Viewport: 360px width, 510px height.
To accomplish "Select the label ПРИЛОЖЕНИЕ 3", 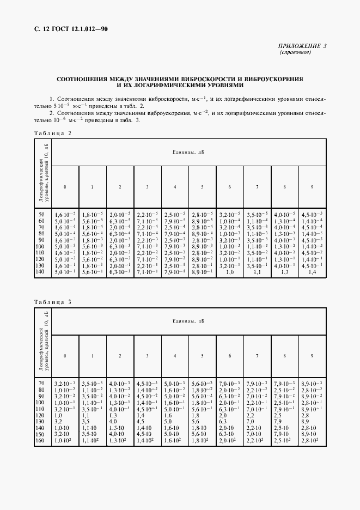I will (x=302, y=46).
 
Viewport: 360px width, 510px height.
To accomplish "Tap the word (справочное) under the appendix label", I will (x=295, y=53).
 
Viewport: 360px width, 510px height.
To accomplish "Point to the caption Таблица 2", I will (x=52, y=133).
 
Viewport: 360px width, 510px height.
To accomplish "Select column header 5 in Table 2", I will (x=202, y=187).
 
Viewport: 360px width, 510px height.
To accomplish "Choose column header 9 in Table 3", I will (x=312, y=356).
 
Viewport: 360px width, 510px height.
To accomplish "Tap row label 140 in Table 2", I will (x=40, y=271).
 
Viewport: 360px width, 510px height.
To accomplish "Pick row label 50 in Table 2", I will (x=41, y=215).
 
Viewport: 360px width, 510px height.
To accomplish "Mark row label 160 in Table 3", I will (x=40, y=440).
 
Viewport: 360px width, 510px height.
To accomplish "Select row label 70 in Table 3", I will (x=41, y=384).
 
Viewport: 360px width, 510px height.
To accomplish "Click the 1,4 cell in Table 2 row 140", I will (x=312, y=271).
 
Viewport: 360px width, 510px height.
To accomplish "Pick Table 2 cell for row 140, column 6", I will (x=229, y=271).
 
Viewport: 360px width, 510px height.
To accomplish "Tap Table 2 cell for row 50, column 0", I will (x=65, y=215).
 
